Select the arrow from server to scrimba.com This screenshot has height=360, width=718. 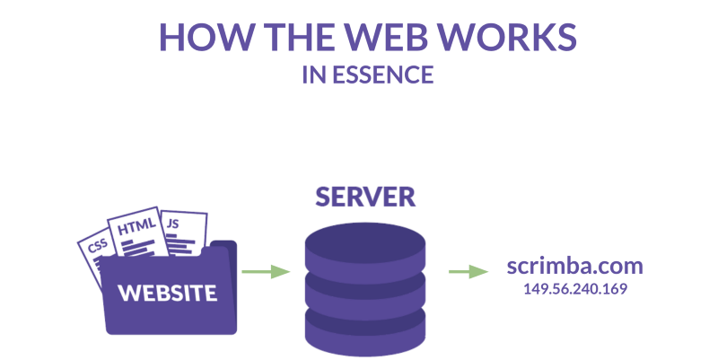[x=468, y=271]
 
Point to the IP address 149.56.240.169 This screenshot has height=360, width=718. [x=574, y=289]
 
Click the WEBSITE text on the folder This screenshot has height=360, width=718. [x=168, y=293]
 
